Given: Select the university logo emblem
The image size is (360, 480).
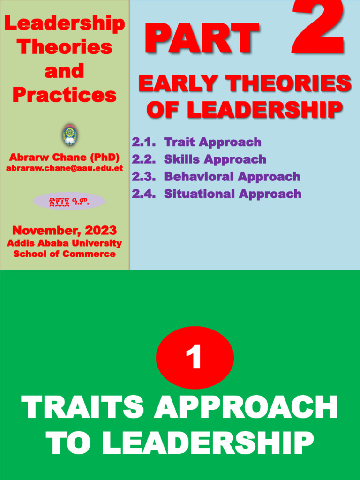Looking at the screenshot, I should (70, 135).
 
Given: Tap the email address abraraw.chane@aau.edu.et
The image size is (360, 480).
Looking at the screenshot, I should (64, 168).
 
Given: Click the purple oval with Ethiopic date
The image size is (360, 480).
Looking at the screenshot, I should (69, 201).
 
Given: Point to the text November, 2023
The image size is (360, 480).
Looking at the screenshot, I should (64, 231).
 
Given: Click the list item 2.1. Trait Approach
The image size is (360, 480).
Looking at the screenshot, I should (196, 142).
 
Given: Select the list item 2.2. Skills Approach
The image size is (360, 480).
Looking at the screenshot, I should (199, 159).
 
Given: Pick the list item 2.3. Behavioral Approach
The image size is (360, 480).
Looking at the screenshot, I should (216, 177).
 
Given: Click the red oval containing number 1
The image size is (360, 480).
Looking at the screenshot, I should (195, 358).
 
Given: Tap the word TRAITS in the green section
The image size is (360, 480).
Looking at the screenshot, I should (82, 408).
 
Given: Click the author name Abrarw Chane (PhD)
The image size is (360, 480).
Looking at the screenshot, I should (64, 157).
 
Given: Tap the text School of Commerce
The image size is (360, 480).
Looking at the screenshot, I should (64, 254).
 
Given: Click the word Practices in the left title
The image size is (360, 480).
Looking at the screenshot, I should (64, 95).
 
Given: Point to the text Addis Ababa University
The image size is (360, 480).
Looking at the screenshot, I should (64, 243).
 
